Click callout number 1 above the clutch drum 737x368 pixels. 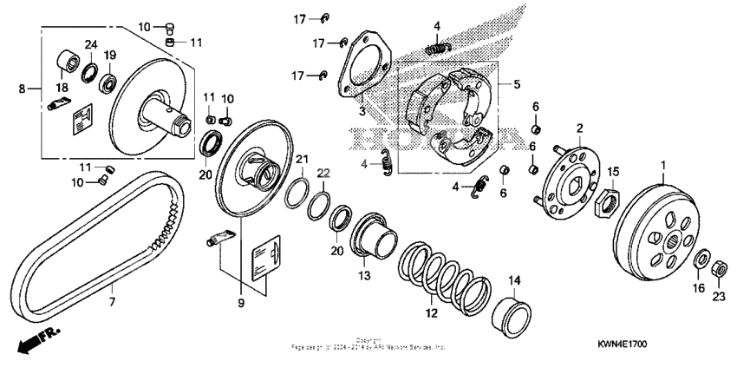coord(665,165)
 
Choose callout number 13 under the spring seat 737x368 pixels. coord(365,275)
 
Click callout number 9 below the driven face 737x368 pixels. coord(241,302)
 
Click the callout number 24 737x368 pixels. coord(89,45)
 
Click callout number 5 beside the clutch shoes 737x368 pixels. coord(518,85)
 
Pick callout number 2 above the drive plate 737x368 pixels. coord(578,128)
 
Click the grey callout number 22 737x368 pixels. coord(323,173)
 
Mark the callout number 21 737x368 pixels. coord(301,159)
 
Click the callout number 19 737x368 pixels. coord(110,56)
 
